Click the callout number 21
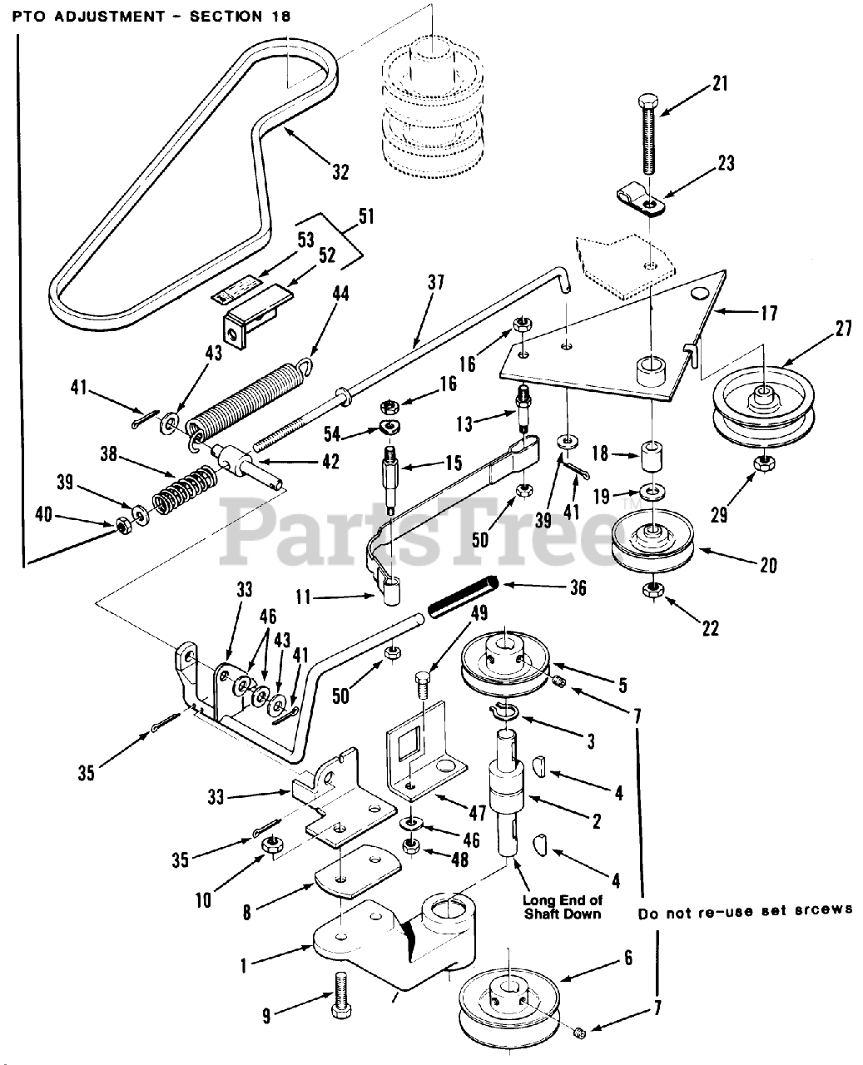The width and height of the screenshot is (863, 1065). (720, 83)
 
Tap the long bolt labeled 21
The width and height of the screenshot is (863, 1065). (648, 133)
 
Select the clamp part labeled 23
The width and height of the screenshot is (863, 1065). (641, 200)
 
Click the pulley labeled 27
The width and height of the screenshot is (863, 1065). (763, 406)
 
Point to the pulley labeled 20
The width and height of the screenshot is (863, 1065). (652, 546)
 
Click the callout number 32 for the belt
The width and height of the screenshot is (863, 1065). (340, 172)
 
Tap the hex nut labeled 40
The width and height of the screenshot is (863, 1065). (123, 525)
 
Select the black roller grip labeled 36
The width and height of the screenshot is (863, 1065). (464, 597)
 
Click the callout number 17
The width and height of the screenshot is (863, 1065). (769, 313)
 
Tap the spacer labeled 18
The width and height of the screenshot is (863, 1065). (652, 455)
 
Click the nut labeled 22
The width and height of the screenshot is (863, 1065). (653, 591)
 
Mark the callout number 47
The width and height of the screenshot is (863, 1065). (478, 813)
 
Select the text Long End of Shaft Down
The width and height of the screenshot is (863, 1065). (563, 907)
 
